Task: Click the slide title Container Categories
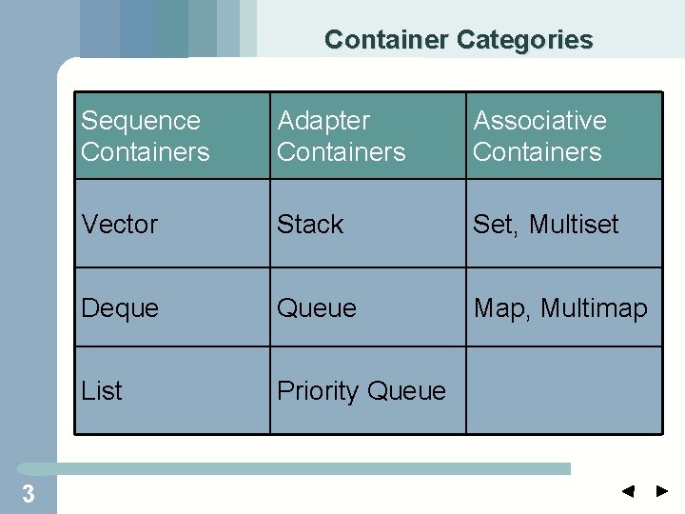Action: tap(458, 40)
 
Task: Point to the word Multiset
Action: tap(574, 225)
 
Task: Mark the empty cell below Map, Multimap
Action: tap(563, 391)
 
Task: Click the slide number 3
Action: tap(29, 494)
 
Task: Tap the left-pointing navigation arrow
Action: tap(628, 492)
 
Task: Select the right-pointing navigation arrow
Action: tap(662, 492)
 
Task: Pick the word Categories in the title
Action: tap(524, 40)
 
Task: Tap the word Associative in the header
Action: tap(539, 121)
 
